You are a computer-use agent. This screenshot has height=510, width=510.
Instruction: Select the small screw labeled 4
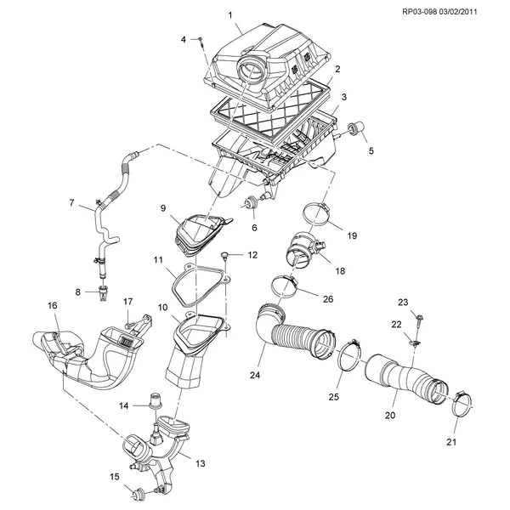tap(201, 40)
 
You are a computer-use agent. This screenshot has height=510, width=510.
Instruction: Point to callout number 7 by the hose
tap(72, 202)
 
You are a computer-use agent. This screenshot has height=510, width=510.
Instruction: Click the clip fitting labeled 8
tap(102, 295)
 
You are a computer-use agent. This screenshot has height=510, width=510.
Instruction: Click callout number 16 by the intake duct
tap(52, 305)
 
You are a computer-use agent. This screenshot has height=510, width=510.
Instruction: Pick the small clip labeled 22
tap(413, 343)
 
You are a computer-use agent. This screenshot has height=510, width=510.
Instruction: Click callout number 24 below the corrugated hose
tap(253, 373)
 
